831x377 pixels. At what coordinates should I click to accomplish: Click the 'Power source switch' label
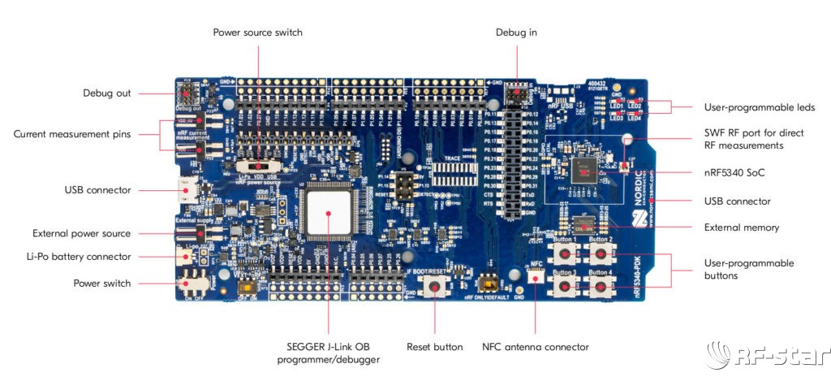click(259, 32)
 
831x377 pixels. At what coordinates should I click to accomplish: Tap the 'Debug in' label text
click(516, 32)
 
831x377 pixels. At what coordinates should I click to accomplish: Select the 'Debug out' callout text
click(106, 93)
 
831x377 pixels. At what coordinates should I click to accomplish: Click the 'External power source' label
click(81, 233)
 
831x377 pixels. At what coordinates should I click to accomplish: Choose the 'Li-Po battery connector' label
click(79, 257)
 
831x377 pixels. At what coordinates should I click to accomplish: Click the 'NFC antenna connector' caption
click(535, 347)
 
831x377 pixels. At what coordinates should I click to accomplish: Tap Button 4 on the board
click(600, 288)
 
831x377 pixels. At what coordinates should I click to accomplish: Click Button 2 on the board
click(600, 254)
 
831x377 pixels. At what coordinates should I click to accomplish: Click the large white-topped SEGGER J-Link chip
click(328, 213)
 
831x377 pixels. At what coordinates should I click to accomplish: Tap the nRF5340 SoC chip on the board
click(582, 170)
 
